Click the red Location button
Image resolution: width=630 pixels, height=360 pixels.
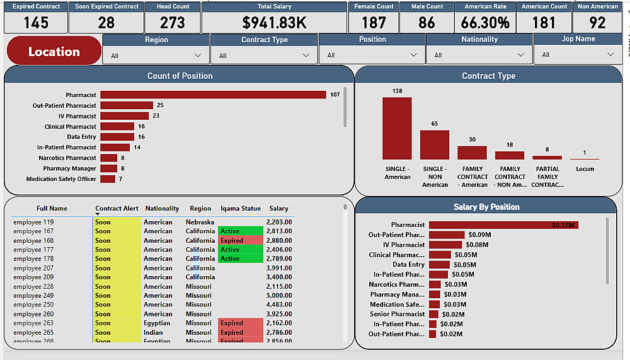click(54, 51)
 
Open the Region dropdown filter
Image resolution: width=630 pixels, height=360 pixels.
click(156, 55)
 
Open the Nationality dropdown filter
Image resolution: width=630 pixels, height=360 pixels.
click(479, 55)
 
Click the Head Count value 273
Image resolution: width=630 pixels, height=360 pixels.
click(172, 23)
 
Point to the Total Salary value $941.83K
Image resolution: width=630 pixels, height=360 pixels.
click(274, 23)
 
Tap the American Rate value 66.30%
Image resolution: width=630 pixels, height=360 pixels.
click(485, 23)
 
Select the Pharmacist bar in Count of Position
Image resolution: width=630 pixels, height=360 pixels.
click(213, 95)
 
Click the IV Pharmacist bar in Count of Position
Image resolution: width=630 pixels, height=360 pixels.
click(124, 116)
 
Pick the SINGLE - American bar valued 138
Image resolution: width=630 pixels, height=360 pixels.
click(397, 128)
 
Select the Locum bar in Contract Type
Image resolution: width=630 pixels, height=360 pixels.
click(585, 159)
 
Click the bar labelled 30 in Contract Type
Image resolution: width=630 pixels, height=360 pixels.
click(472, 153)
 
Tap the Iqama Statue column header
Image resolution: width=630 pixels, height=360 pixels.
click(241, 209)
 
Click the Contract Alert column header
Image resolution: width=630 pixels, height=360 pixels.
click(117, 209)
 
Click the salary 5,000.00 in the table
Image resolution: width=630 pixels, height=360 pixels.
click(278, 296)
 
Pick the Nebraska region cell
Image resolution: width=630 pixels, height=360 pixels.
click(200, 223)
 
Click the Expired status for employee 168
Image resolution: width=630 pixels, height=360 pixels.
click(232, 241)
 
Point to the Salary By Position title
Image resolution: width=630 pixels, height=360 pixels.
click(486, 207)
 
